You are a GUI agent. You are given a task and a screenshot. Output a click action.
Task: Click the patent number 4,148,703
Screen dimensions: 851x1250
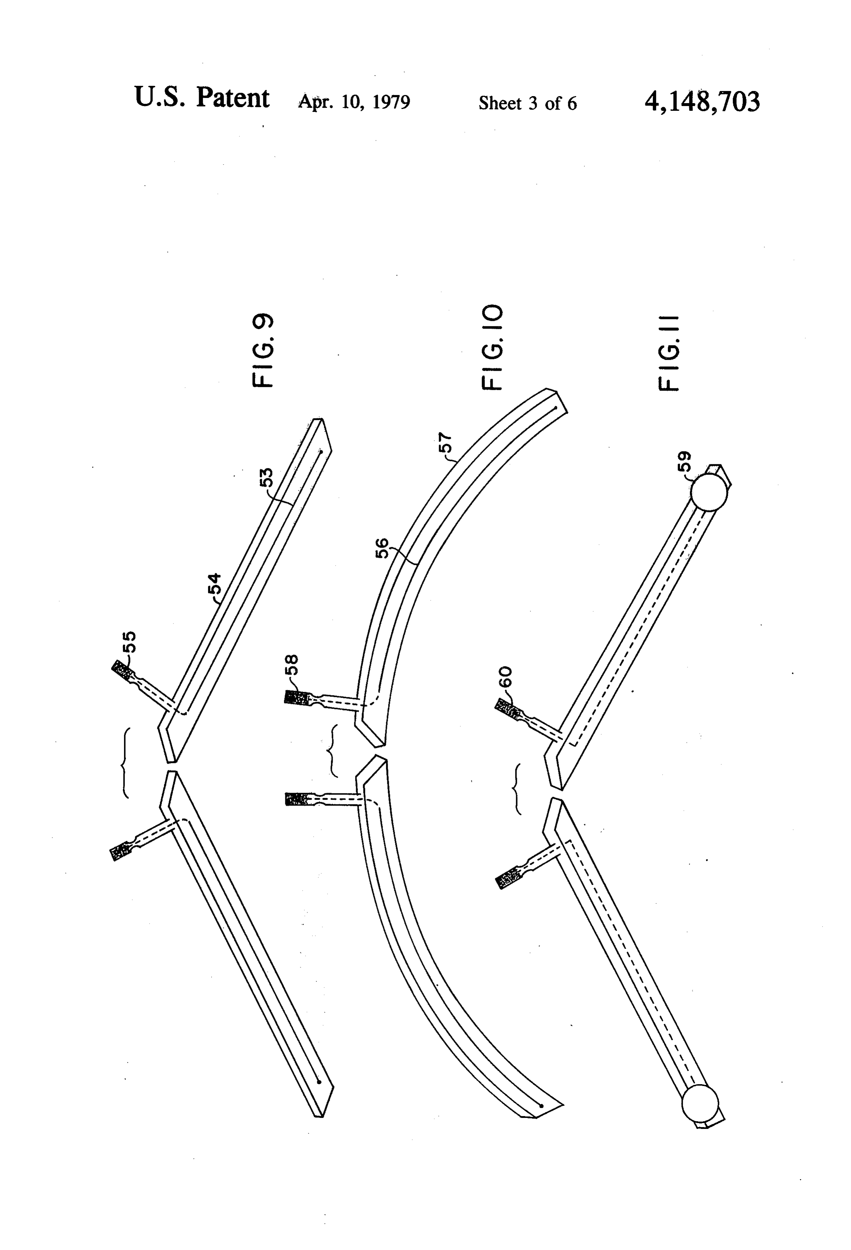(x=702, y=102)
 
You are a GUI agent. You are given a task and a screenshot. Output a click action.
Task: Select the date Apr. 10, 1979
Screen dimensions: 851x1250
(x=354, y=102)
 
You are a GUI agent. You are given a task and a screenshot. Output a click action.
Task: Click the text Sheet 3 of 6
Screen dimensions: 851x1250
(x=528, y=103)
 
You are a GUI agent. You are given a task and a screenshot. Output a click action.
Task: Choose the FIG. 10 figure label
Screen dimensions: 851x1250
(x=492, y=347)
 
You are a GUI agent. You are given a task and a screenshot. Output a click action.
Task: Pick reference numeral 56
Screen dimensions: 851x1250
(x=381, y=549)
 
